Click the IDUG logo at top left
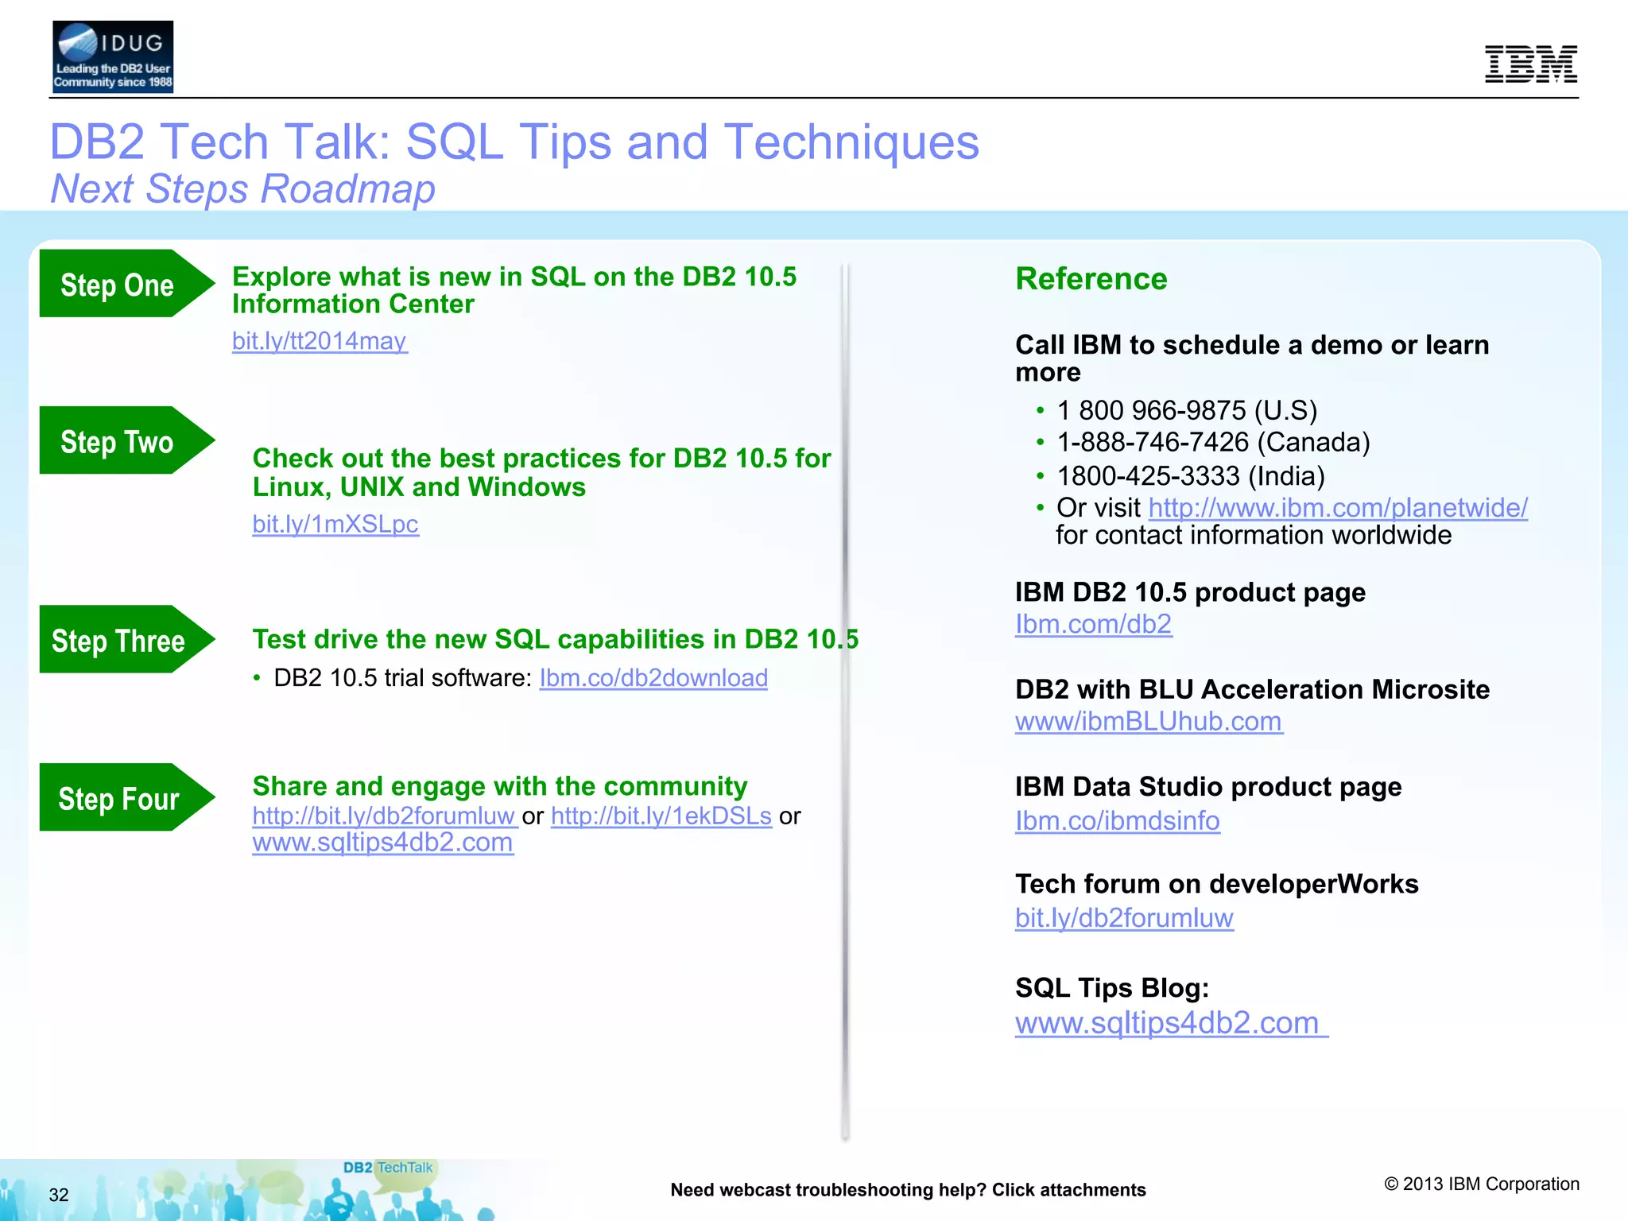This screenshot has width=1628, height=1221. (112, 57)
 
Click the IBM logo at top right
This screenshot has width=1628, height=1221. (1530, 64)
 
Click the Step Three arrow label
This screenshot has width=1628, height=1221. (118, 640)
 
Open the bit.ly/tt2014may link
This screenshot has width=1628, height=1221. (320, 341)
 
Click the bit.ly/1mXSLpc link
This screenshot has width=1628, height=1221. (335, 524)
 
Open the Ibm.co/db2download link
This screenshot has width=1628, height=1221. (653, 678)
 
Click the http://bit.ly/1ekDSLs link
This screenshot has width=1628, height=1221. (661, 816)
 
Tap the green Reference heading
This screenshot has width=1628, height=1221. (1091, 279)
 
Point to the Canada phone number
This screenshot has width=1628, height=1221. (1212, 442)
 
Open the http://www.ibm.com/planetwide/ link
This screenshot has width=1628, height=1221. (1337, 507)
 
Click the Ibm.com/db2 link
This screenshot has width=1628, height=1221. (1093, 624)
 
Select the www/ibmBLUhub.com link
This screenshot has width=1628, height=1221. (1148, 721)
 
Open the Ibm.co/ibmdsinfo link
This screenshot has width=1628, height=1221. (1117, 820)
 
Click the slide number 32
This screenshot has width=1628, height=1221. (59, 1195)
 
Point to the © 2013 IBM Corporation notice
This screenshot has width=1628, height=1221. (1481, 1184)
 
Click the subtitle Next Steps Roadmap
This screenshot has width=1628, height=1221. (243, 189)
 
